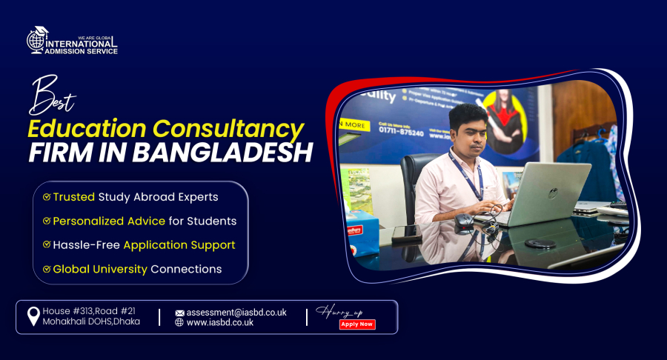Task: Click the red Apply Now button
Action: (x=357, y=324)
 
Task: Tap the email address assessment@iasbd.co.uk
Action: (x=236, y=313)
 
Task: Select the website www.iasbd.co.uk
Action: (x=220, y=323)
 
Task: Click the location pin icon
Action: (x=33, y=317)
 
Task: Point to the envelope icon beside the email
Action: (x=179, y=313)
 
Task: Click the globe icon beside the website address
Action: (x=179, y=323)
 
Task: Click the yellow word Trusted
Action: (x=73, y=197)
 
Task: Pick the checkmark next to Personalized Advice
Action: (x=47, y=221)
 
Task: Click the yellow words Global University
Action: (x=100, y=269)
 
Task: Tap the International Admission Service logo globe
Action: (x=36, y=41)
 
